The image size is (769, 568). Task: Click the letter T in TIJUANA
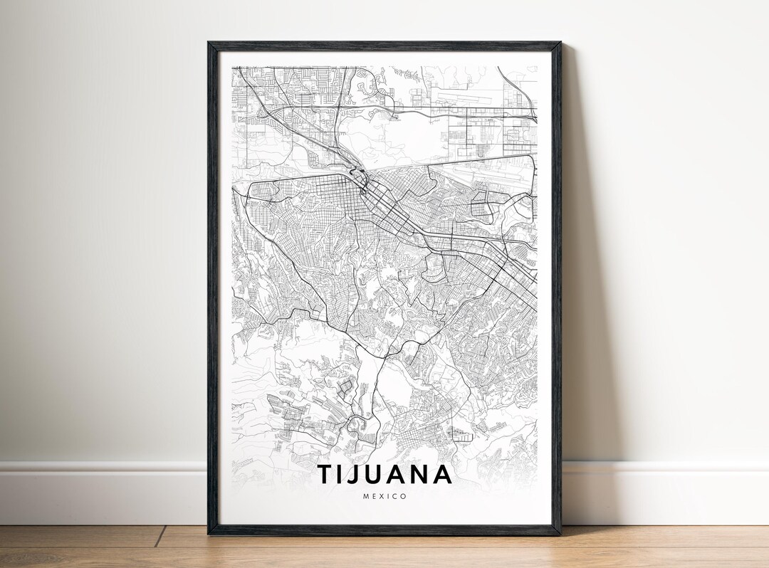coord(325,474)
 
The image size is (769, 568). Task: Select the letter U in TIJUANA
coord(377,474)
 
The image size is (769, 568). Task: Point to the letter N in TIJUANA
coord(422,474)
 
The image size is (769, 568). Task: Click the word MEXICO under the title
coord(384,496)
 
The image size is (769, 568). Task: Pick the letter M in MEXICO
coord(365,496)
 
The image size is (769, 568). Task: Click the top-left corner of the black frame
coord(209,43)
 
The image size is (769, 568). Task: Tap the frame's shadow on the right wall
coord(580,285)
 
